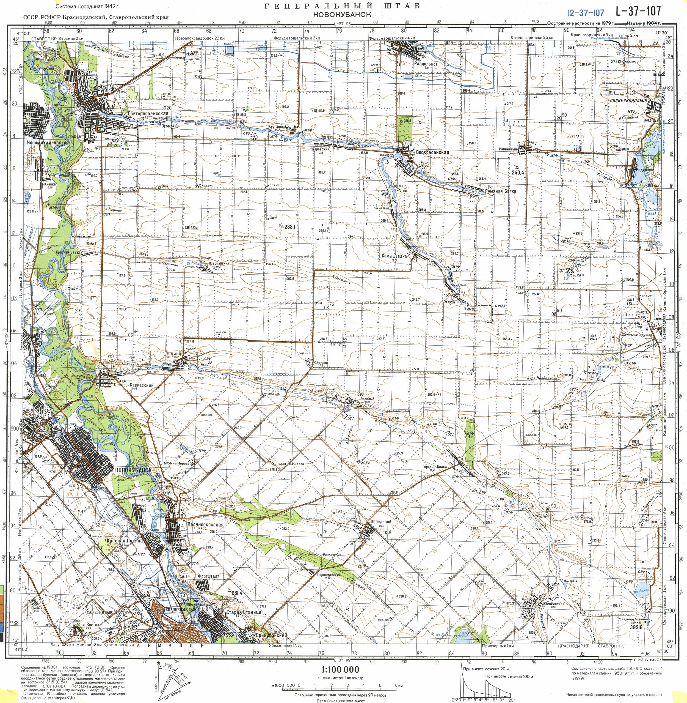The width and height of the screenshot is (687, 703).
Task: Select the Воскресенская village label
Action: [x=432, y=152]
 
